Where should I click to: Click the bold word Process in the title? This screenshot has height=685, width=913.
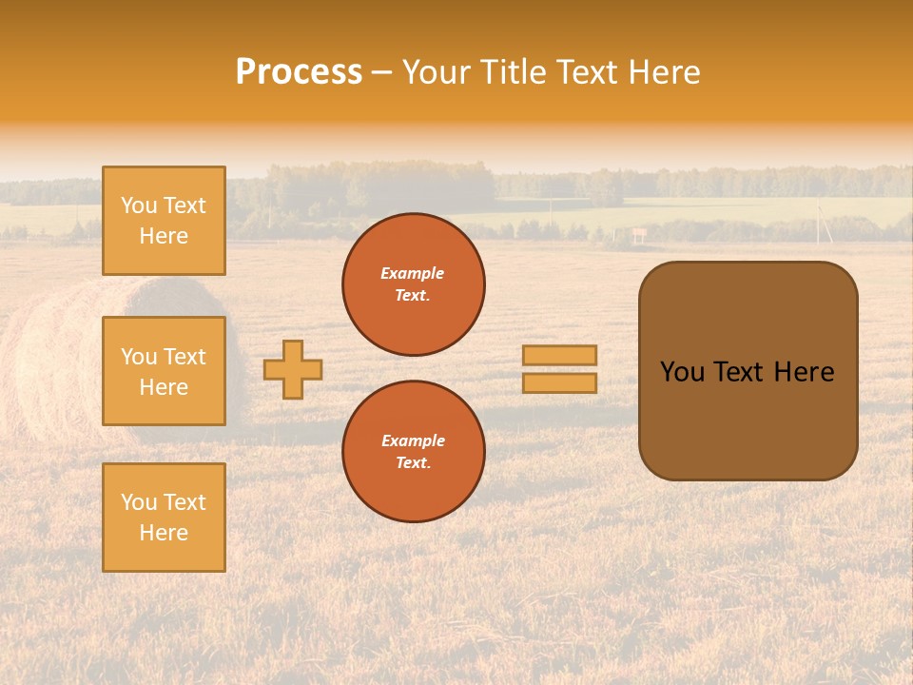click(x=299, y=72)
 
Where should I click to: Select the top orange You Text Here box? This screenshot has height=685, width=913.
click(x=164, y=221)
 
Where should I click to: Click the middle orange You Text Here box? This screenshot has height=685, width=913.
click(x=164, y=371)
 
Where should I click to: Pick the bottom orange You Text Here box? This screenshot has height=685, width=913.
click(x=164, y=517)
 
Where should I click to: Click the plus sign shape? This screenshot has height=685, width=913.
click(x=293, y=369)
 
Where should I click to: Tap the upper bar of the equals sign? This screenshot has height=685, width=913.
click(x=560, y=355)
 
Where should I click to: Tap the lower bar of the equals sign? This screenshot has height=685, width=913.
click(x=560, y=383)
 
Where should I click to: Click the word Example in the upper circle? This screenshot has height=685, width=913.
click(x=413, y=273)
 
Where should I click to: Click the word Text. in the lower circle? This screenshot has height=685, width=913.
click(x=413, y=462)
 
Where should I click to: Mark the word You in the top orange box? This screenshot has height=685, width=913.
click(x=139, y=205)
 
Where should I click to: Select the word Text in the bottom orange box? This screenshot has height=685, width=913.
click(x=185, y=502)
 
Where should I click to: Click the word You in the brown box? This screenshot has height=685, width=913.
click(x=682, y=372)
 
